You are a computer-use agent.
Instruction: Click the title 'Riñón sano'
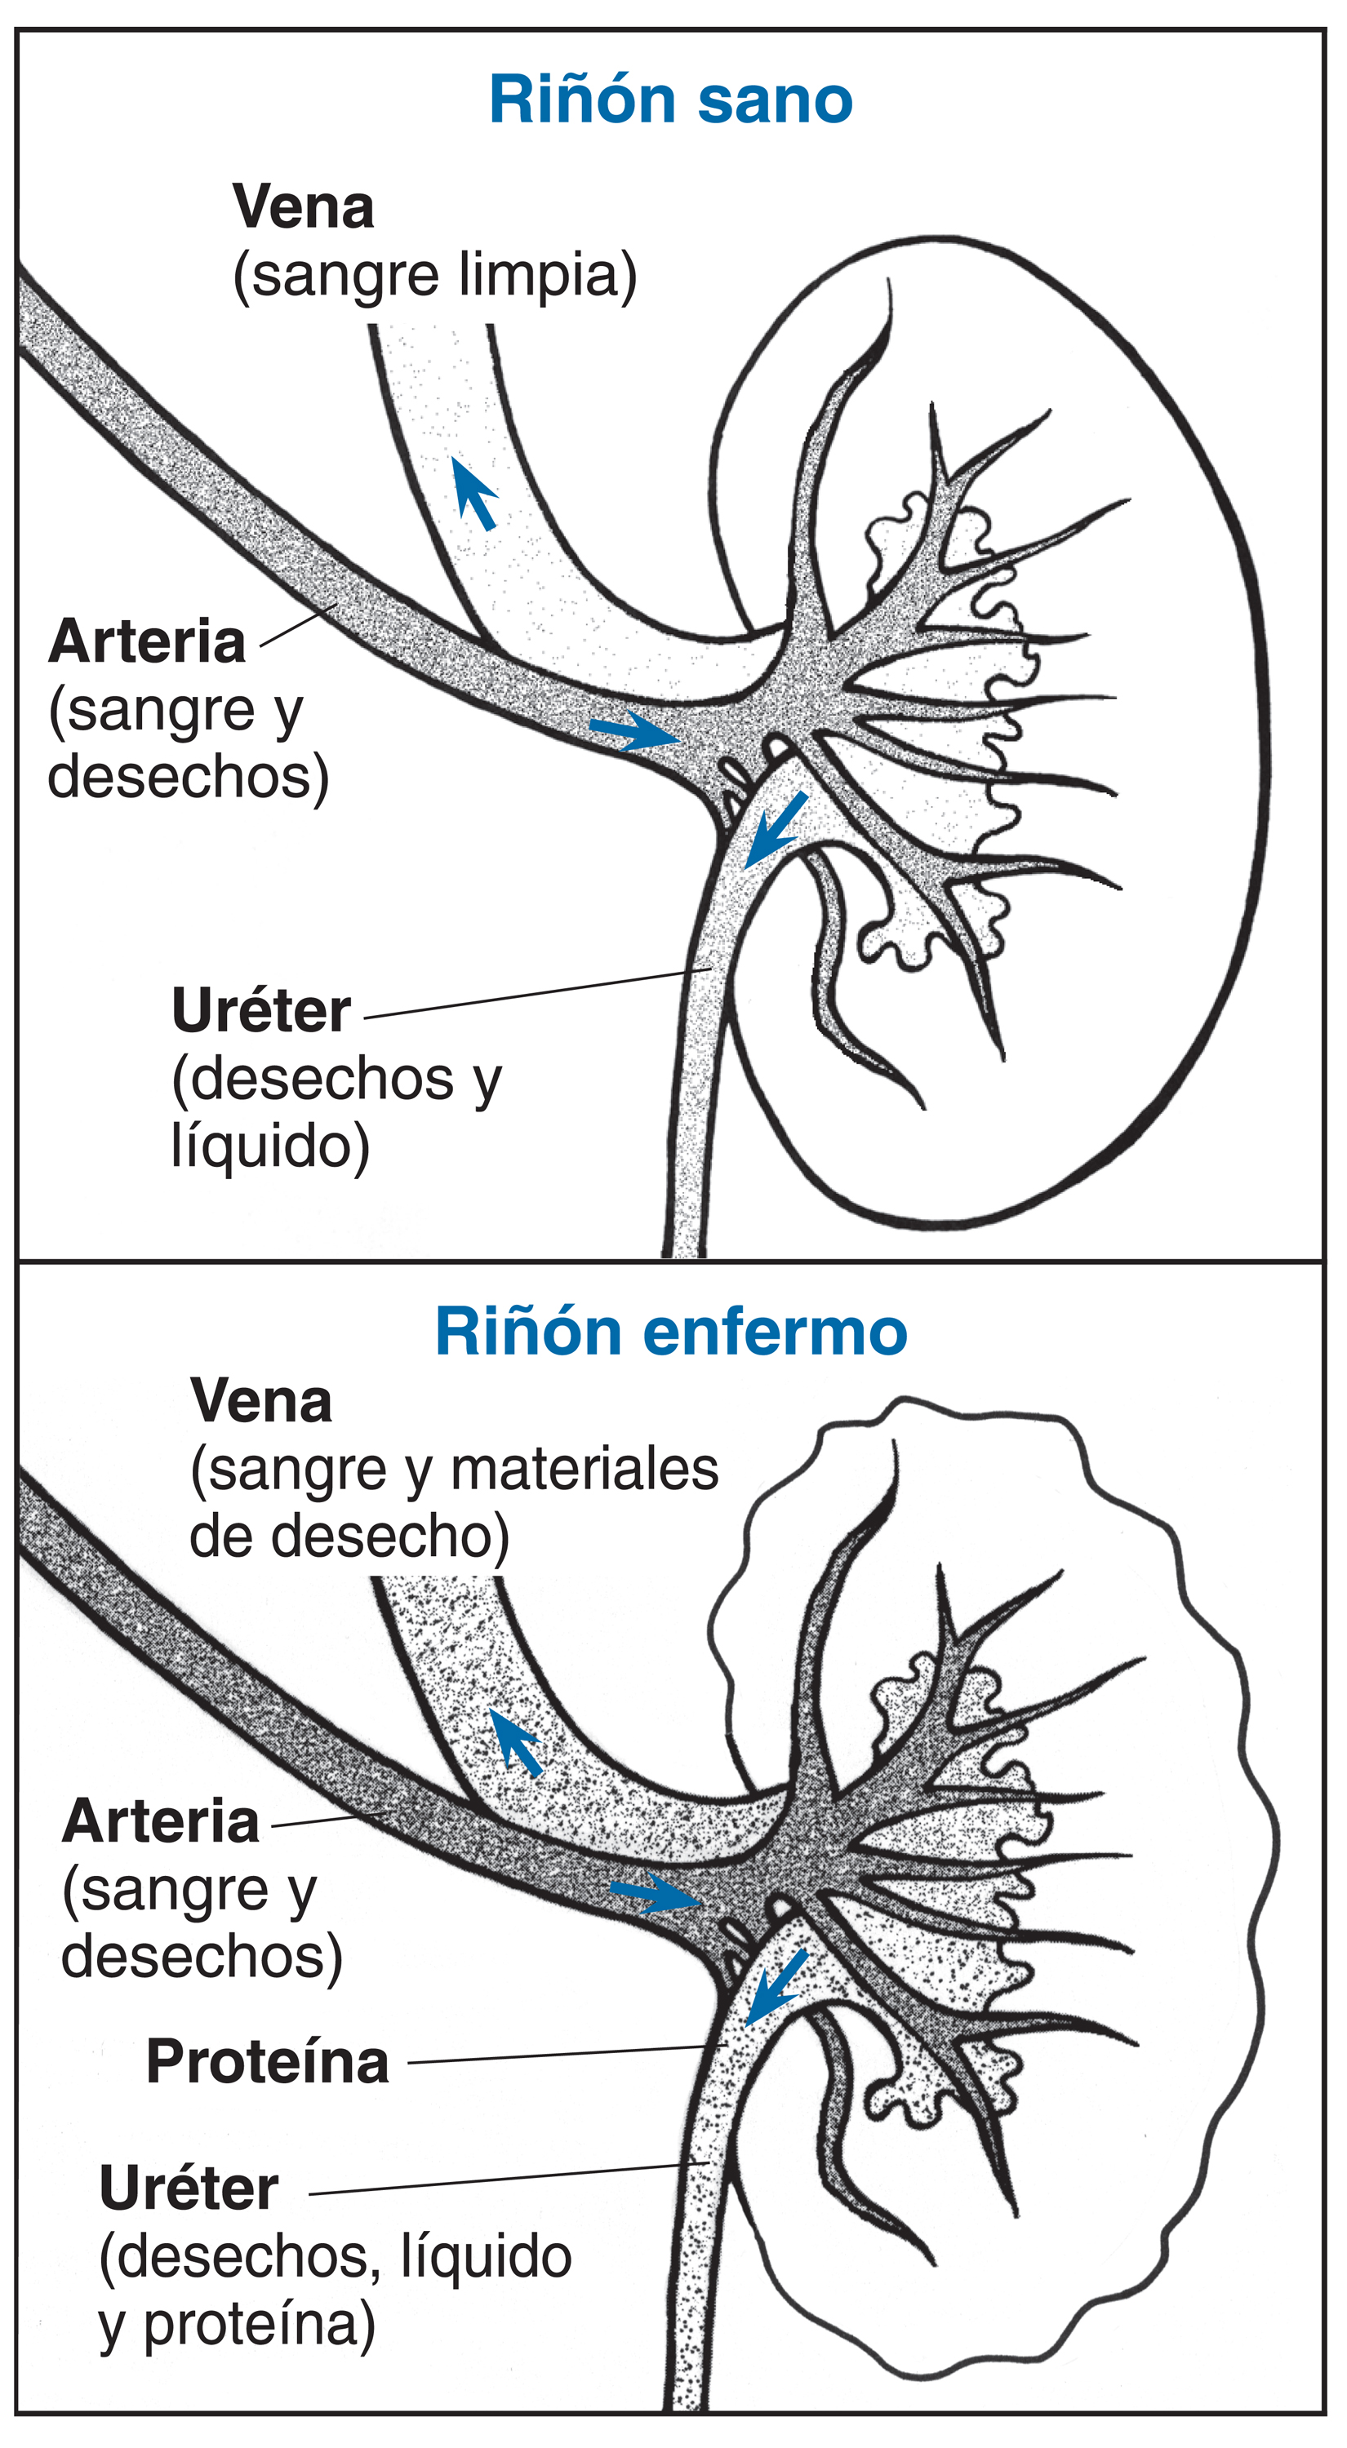(671, 100)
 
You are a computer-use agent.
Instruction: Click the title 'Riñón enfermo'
(671, 1333)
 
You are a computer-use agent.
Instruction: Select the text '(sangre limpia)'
(435, 276)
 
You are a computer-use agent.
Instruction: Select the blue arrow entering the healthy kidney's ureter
(775, 831)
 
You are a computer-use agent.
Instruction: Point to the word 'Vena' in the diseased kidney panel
(261, 1401)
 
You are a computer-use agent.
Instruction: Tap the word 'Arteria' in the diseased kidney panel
(161, 1822)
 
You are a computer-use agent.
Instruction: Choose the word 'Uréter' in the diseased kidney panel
(189, 2189)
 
